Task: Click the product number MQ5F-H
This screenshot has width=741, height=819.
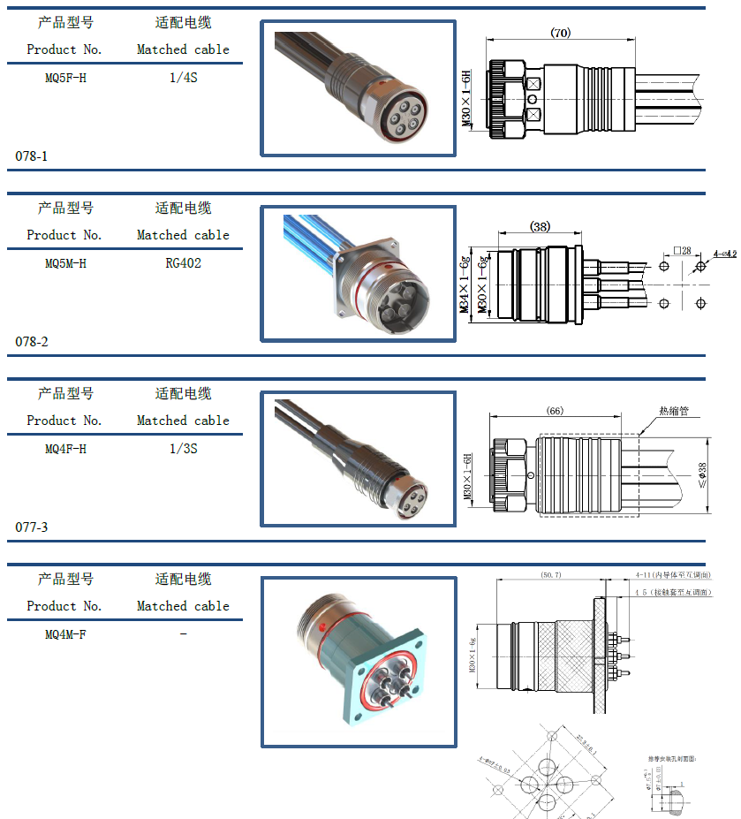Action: pos(65,78)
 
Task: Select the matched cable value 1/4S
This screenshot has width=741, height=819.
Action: pos(183,78)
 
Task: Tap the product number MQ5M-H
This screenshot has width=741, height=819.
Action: pos(65,263)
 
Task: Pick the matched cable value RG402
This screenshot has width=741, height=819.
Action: pos(183,263)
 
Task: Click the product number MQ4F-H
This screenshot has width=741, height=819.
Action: pos(65,449)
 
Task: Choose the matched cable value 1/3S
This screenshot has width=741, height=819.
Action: pos(183,449)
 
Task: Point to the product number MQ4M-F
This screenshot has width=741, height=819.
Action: pos(65,634)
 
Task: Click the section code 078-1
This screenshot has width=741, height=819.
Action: pos(32,156)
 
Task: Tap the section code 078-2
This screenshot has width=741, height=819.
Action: pos(32,342)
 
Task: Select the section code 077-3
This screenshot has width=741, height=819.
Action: pos(32,527)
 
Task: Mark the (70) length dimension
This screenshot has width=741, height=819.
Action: pos(560,33)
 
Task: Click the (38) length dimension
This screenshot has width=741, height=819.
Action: pos(540,227)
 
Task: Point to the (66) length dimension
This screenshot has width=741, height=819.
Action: pos(555,411)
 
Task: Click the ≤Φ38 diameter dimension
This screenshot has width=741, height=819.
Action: pos(703,477)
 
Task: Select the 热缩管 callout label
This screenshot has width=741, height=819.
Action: pos(673,412)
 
